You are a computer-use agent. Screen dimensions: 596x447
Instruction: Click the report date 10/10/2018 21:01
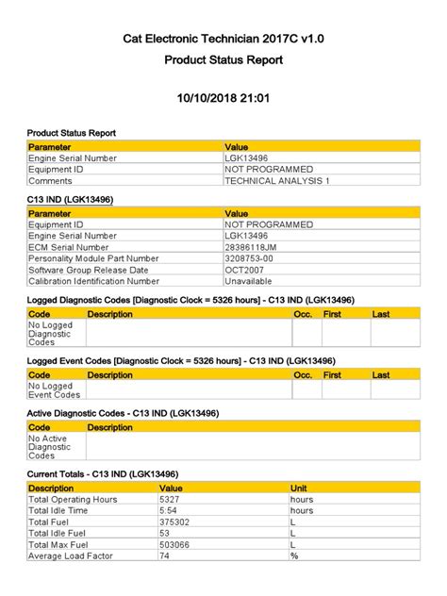(223, 98)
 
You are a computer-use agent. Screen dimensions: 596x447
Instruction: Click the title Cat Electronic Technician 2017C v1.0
(223, 39)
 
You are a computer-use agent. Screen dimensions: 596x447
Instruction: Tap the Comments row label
(51, 180)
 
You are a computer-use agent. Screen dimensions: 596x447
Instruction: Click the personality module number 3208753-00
(249, 258)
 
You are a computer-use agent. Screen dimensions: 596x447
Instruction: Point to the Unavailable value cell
(248, 281)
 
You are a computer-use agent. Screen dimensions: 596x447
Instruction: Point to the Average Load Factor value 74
(165, 555)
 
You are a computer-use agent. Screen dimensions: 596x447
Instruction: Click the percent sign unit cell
(294, 555)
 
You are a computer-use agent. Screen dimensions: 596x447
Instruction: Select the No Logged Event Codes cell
(53, 390)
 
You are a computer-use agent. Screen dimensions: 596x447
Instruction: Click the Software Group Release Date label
(90, 270)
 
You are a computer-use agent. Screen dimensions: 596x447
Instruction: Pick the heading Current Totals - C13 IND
(103, 473)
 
